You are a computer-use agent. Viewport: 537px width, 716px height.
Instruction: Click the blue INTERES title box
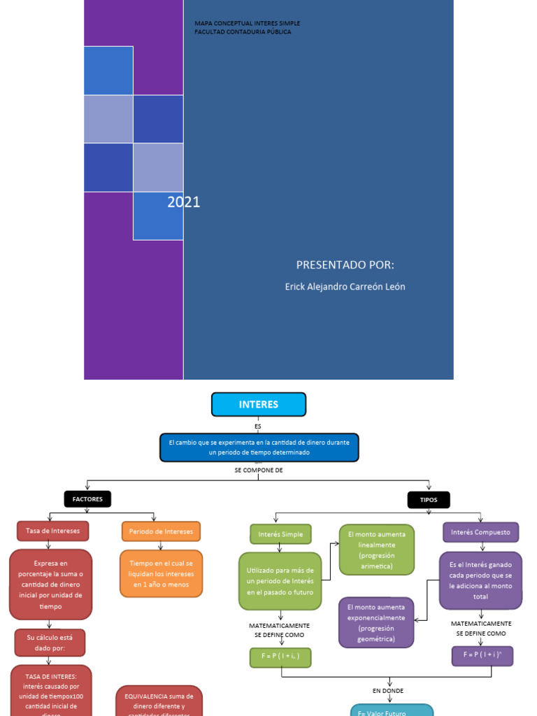tap(259, 404)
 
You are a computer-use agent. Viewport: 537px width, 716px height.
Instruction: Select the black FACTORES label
tap(87, 499)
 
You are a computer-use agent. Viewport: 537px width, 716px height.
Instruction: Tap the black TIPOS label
tap(429, 500)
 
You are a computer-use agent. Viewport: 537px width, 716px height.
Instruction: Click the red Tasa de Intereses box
tap(53, 531)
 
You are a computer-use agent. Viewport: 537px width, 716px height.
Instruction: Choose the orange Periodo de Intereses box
tap(161, 531)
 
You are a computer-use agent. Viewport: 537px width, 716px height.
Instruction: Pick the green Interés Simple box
tap(280, 534)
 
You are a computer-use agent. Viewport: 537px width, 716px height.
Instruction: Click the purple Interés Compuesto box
tap(480, 532)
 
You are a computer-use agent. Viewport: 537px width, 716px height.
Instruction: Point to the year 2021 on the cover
tap(184, 202)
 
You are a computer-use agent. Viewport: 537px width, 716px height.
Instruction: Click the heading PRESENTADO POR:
tap(345, 264)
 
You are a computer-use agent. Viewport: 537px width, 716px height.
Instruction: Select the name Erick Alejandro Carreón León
tap(345, 287)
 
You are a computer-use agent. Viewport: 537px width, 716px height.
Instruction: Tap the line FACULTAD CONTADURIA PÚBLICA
tap(243, 32)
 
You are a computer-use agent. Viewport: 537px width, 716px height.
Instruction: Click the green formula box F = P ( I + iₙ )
tap(280, 657)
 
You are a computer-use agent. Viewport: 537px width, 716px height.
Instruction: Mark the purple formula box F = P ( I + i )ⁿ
tap(482, 655)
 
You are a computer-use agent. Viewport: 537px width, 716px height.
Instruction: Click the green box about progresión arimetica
tap(377, 550)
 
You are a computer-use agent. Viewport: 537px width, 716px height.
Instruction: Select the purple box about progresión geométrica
tap(376, 622)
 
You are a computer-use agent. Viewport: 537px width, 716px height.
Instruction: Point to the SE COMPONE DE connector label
tap(259, 470)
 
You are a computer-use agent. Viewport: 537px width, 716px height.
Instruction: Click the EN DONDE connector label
tap(388, 691)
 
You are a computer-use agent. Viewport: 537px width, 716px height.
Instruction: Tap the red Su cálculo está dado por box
tap(50, 642)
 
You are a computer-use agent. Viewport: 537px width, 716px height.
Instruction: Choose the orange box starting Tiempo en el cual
tap(162, 573)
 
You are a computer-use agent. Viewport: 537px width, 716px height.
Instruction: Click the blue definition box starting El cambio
tap(259, 447)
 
